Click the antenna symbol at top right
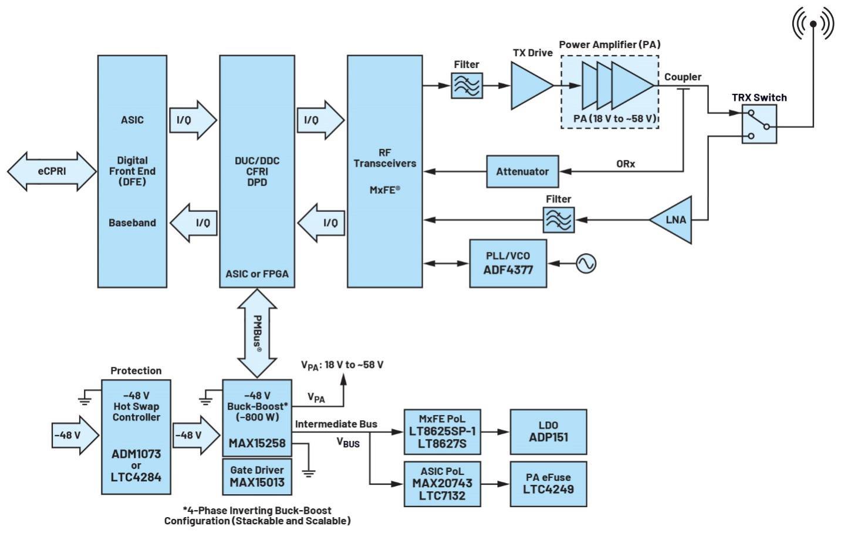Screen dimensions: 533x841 813,24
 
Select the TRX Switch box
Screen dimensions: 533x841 759,124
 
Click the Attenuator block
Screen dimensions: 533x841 522,171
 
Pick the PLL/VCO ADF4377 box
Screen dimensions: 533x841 508,263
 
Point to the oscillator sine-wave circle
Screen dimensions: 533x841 586,263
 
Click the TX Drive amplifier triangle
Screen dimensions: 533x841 530,86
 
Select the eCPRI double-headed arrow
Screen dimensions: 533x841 52,171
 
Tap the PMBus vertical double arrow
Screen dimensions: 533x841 257,333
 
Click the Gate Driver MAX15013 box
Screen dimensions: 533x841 257,476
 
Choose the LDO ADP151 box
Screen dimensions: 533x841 548,431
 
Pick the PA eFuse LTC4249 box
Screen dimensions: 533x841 548,484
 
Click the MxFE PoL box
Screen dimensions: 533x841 442,431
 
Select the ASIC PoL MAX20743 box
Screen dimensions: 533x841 442,484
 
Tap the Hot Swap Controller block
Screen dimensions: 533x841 136,437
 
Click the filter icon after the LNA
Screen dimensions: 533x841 559,220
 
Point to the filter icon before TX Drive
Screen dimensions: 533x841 467,86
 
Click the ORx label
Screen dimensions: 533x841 626,164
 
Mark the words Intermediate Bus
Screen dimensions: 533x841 336,424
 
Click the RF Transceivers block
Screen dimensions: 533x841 385,171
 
